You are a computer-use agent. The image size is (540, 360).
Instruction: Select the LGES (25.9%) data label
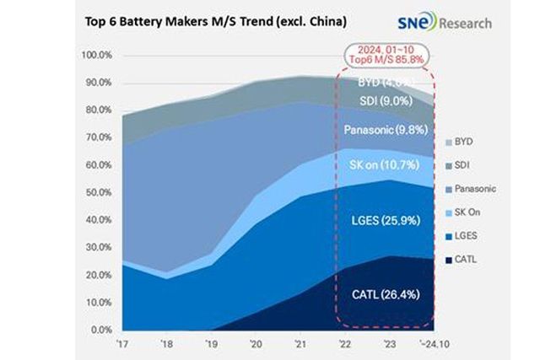coord(385,221)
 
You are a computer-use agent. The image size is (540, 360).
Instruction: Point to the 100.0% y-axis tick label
coord(100,56)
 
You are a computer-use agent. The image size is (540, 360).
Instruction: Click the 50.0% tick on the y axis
coord(102,193)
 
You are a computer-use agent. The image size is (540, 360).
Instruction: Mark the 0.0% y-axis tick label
coord(104,330)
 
